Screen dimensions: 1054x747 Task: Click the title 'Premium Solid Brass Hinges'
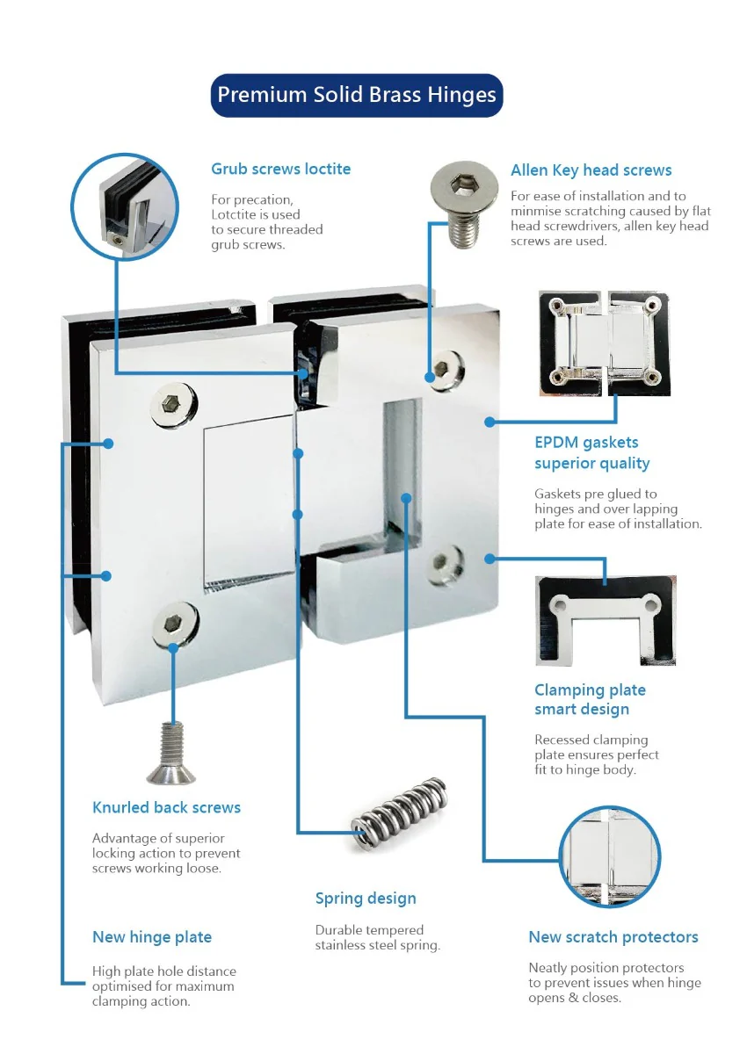(x=357, y=95)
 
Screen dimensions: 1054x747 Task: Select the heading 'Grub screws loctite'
(x=280, y=169)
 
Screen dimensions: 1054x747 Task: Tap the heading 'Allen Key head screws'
(x=591, y=170)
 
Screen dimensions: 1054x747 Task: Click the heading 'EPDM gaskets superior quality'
(x=591, y=453)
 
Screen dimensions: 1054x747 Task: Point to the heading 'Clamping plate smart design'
(x=590, y=699)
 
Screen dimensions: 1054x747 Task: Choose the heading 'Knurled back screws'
(x=166, y=807)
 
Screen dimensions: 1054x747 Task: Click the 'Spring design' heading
(x=366, y=898)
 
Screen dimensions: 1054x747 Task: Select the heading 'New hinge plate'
(x=152, y=937)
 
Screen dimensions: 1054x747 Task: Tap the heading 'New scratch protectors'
(x=613, y=937)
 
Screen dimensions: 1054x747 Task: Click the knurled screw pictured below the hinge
(x=170, y=751)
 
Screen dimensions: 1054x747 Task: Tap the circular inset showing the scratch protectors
(x=609, y=857)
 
